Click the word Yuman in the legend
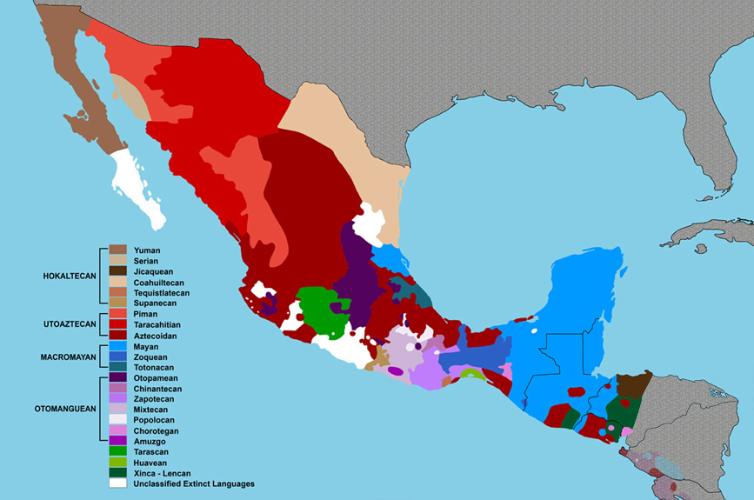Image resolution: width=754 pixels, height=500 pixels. point(148,250)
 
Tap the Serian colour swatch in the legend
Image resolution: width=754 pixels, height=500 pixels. point(117,261)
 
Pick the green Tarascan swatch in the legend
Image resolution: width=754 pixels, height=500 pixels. point(117,451)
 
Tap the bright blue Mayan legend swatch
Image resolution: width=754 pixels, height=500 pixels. point(117,346)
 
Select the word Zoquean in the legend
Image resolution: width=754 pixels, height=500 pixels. point(152,357)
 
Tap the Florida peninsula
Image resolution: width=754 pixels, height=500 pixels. point(729,130)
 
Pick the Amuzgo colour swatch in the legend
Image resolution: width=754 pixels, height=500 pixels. point(117,441)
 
